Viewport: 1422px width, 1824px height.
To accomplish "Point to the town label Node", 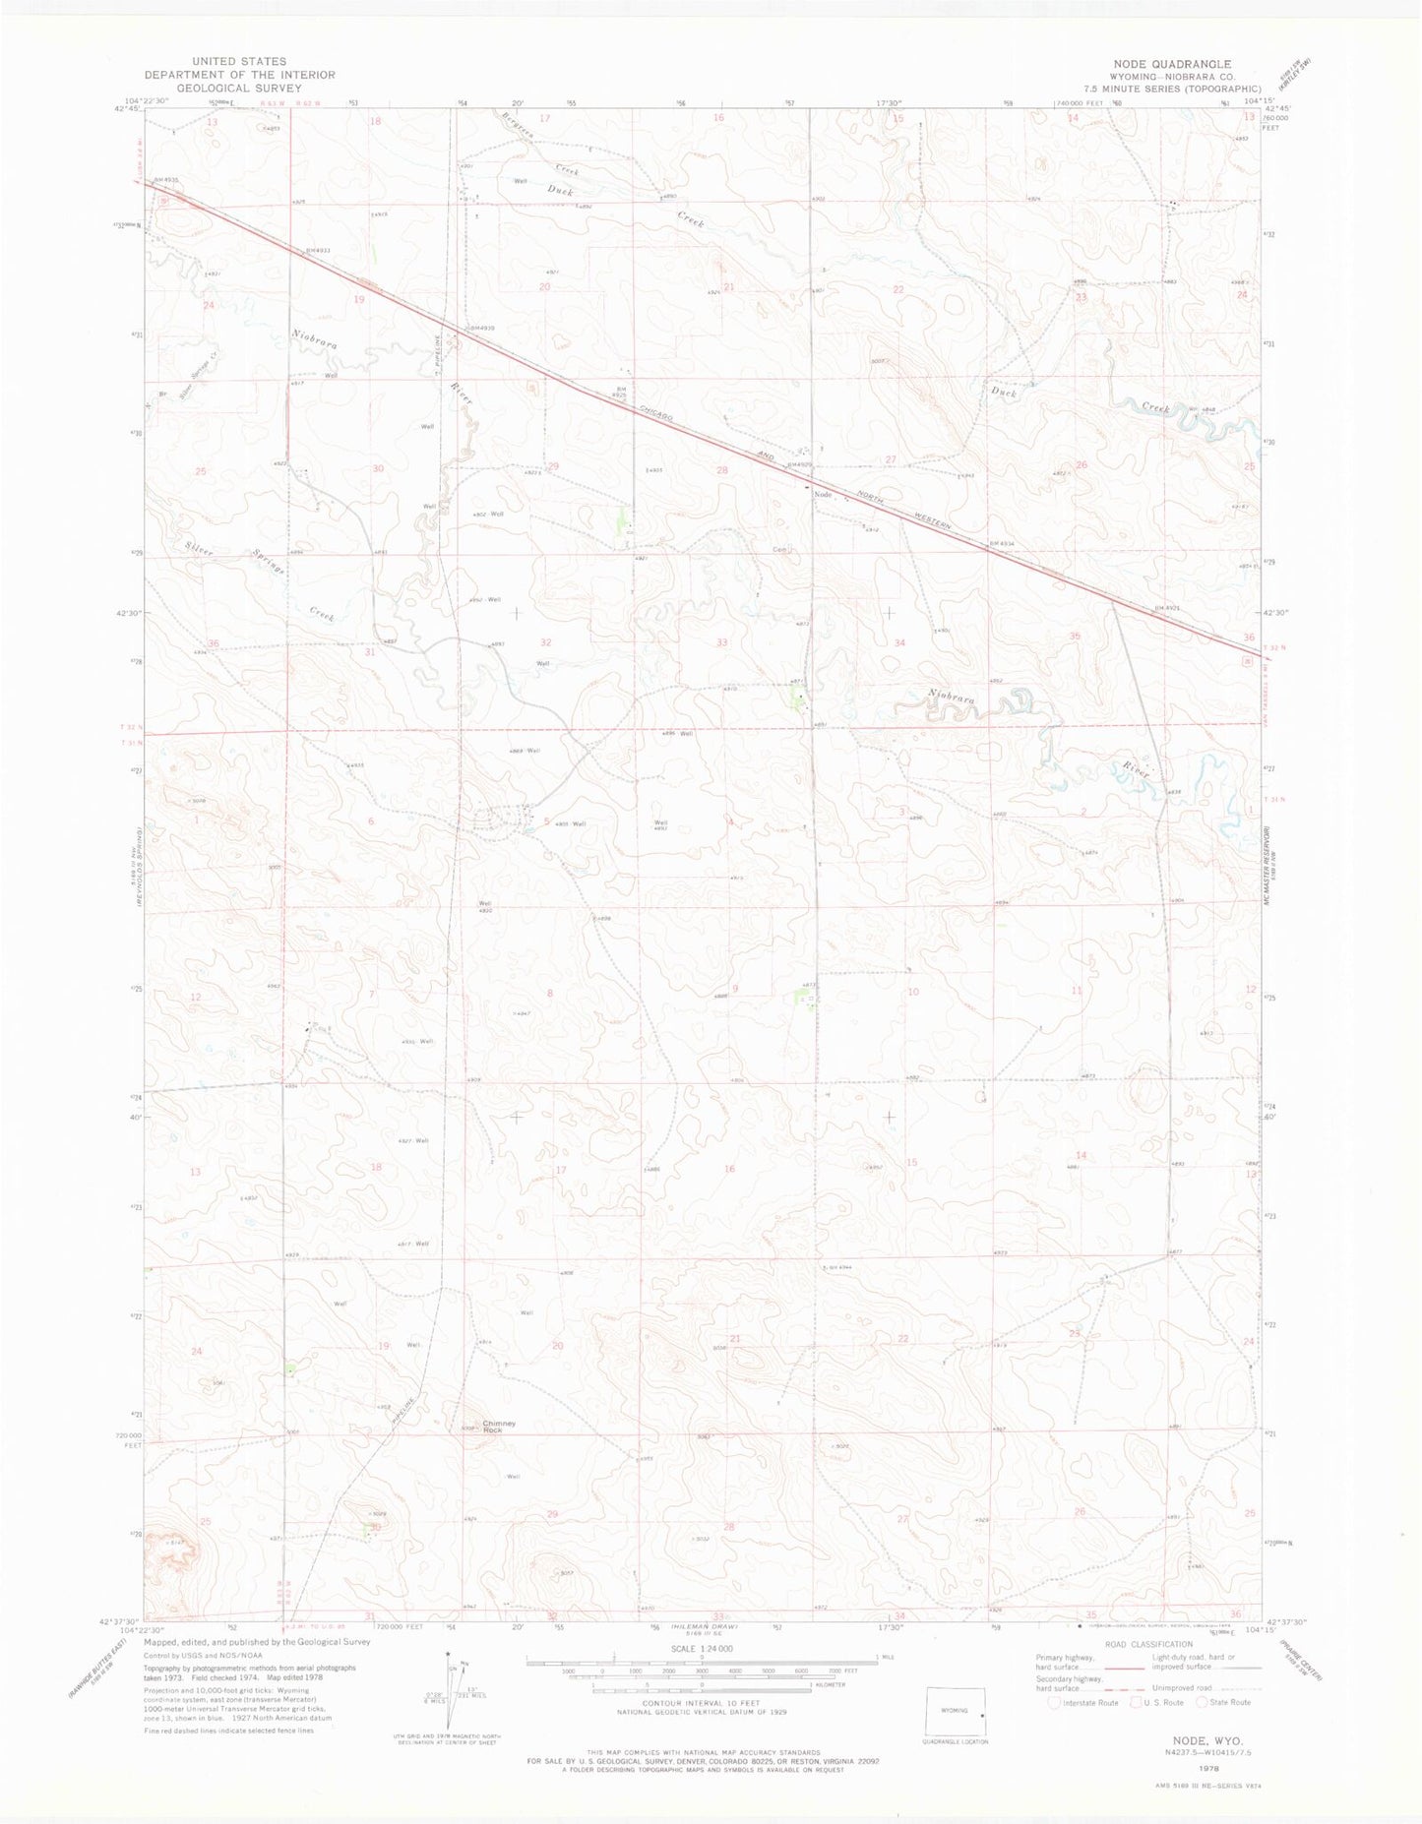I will click(823, 494).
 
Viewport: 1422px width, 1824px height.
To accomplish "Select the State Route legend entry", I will click(1224, 1703).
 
